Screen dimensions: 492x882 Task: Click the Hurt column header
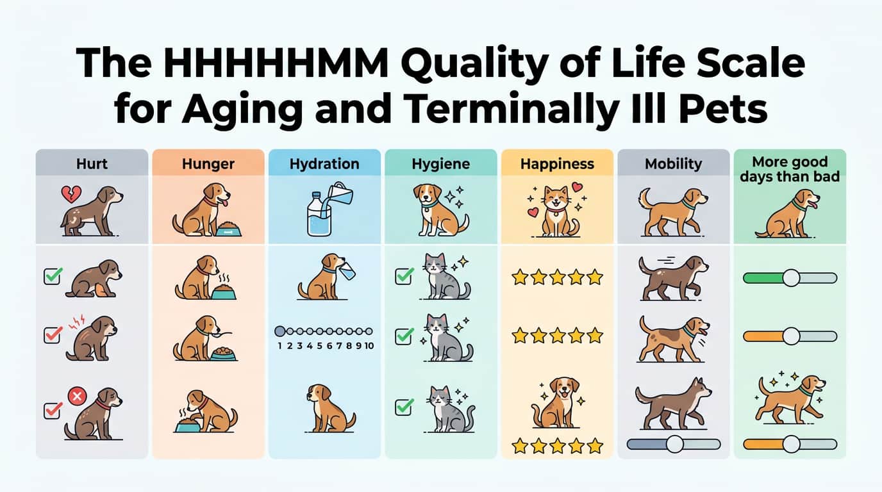coord(92,164)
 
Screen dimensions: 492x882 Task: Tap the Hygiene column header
coord(440,164)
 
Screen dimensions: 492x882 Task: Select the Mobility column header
coord(673,164)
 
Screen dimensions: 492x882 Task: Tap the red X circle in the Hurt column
coord(77,397)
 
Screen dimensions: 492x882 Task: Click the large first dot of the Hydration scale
coord(279,331)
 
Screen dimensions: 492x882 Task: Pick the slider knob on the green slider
coord(791,277)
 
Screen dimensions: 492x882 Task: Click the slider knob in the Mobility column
coord(674,443)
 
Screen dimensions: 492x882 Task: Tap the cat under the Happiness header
coord(556,210)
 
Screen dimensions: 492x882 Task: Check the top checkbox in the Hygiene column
coord(404,277)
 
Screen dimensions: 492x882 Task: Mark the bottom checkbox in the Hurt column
coord(52,410)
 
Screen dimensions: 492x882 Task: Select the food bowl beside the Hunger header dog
coord(228,229)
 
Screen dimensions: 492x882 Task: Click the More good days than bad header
coord(790,169)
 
